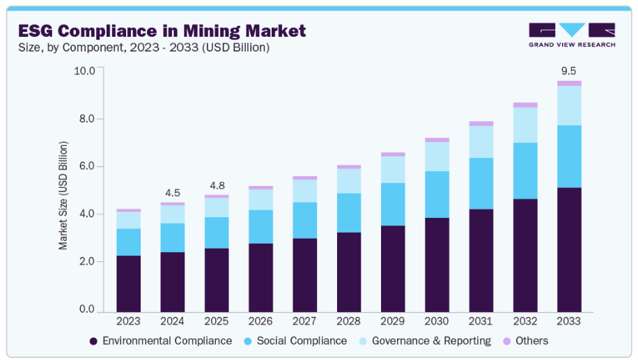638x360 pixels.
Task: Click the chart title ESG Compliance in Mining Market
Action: coord(162,31)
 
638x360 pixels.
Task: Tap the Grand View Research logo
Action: coord(572,35)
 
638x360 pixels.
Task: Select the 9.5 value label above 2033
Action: coord(569,70)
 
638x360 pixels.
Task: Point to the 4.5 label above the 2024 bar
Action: coord(173,192)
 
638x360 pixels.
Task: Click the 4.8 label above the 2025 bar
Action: coord(217,185)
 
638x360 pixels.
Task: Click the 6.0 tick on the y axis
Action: coord(86,166)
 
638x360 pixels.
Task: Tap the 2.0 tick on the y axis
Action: coord(86,262)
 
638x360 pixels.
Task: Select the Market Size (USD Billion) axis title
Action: coord(63,195)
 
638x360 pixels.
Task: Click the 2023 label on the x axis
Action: coord(128,321)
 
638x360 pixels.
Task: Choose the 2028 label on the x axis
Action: coord(348,321)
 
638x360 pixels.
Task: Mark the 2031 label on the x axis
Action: coord(481,321)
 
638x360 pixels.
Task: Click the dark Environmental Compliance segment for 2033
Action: coord(569,249)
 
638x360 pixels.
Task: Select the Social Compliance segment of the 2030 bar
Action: coord(437,194)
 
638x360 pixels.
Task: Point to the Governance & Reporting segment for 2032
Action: coord(525,125)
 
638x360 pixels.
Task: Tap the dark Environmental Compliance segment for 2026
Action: coord(260,277)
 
